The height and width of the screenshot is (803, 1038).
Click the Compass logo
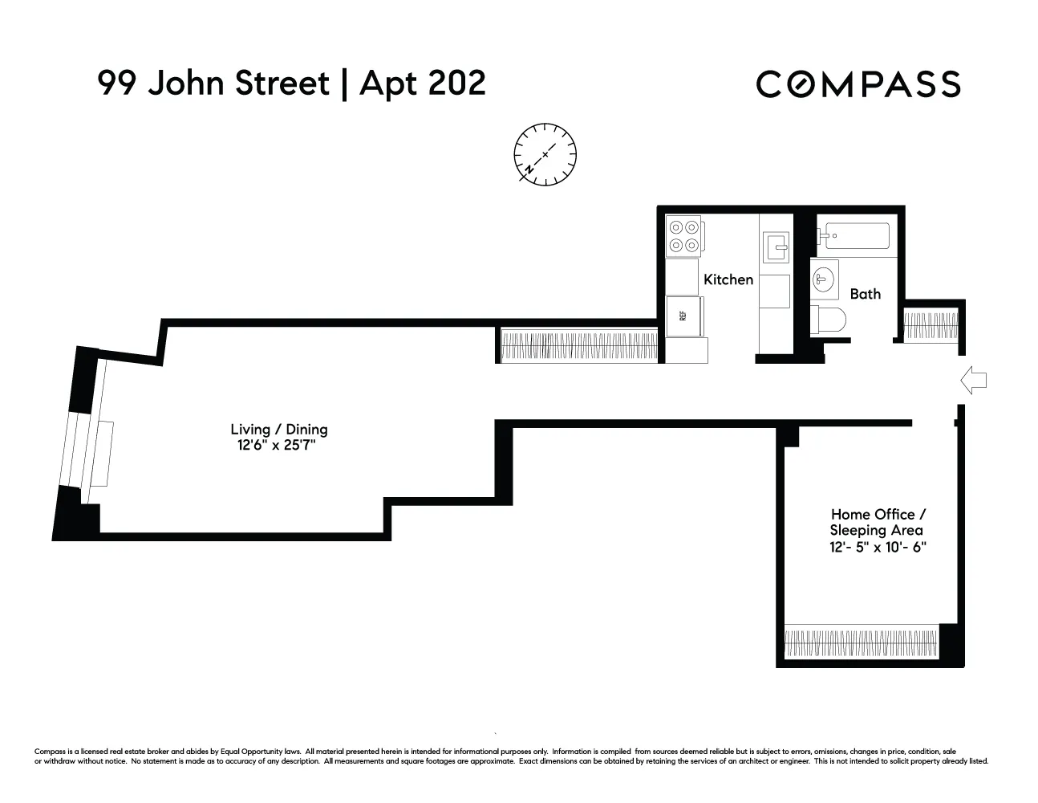(858, 84)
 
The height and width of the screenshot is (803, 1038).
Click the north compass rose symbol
(545, 154)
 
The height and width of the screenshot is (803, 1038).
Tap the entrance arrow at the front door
(973, 380)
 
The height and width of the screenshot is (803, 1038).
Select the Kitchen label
(728, 279)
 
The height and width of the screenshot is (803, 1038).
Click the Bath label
(865, 294)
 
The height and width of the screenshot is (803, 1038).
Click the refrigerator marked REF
(684, 316)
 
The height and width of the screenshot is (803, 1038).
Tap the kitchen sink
(775, 247)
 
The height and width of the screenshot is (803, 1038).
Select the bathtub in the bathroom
(854, 236)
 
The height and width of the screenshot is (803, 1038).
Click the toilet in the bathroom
(829, 319)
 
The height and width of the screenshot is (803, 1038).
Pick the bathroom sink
(824, 279)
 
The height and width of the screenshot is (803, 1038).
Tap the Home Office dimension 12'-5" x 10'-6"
(878, 548)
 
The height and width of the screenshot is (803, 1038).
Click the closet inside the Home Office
(861, 643)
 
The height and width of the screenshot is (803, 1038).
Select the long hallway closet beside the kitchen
(578, 345)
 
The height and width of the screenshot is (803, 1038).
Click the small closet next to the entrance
(931, 326)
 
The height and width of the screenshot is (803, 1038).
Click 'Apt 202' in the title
(422, 83)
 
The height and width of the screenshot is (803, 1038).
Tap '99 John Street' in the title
(213, 83)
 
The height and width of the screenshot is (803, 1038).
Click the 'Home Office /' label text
(878, 514)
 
